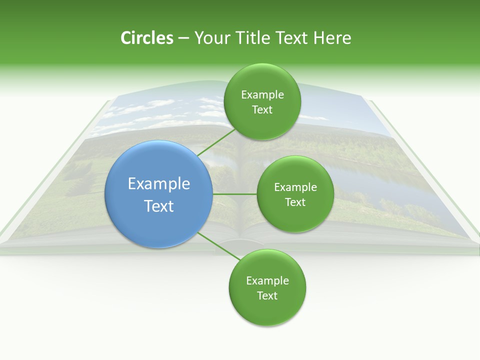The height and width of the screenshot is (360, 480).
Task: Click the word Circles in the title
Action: click(146, 38)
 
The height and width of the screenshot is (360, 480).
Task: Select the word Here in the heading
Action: click(332, 38)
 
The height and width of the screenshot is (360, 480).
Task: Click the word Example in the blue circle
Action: click(159, 184)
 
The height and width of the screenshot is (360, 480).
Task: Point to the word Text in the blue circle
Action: click(159, 206)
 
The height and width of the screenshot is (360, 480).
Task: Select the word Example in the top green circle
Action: click(262, 95)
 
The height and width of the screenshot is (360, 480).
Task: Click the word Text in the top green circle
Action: click(262, 110)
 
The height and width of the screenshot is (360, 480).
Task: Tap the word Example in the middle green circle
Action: click(295, 187)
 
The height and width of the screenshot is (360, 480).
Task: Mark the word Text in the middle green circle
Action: click(295, 202)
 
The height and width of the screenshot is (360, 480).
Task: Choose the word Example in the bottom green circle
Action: click(267, 281)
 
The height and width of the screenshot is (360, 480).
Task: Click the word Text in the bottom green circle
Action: click(267, 296)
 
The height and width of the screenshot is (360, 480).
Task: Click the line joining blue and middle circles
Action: click(235, 193)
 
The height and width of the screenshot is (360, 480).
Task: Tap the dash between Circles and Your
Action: click(183, 38)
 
